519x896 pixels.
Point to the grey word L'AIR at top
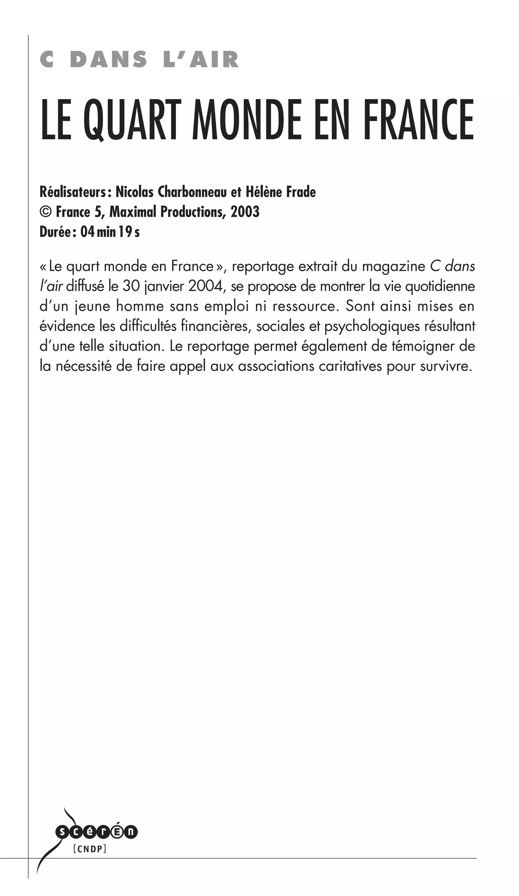[201, 60]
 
